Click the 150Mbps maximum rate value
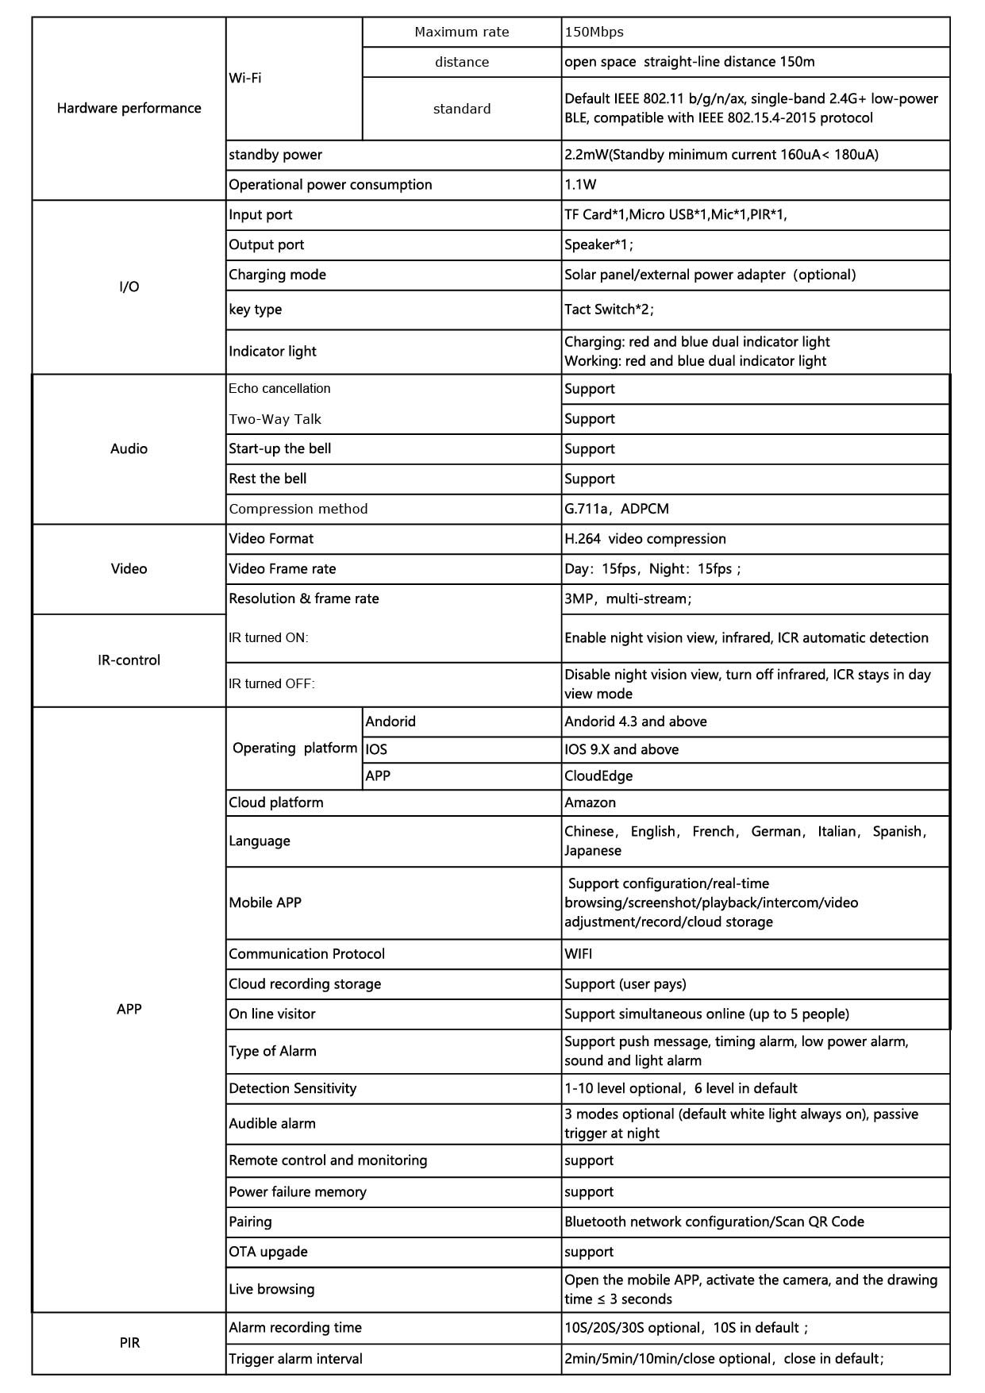click(x=594, y=33)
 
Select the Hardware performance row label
click(x=129, y=108)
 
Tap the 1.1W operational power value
click(x=580, y=185)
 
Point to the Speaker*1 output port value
click(x=598, y=245)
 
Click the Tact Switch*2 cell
click(x=608, y=310)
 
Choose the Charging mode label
click(x=277, y=275)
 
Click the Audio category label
click(x=129, y=449)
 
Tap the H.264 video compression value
click(x=644, y=539)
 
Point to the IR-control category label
click(x=129, y=660)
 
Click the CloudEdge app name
click(x=598, y=776)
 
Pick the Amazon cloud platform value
click(x=590, y=802)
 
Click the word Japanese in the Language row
click(x=592, y=851)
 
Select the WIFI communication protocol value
click(x=578, y=954)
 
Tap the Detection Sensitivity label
click(x=292, y=1089)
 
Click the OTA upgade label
click(x=267, y=1252)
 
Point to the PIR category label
click(x=129, y=1343)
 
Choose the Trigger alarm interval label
click(x=295, y=1359)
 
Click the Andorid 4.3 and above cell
click(x=635, y=722)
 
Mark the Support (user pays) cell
click(x=625, y=984)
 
